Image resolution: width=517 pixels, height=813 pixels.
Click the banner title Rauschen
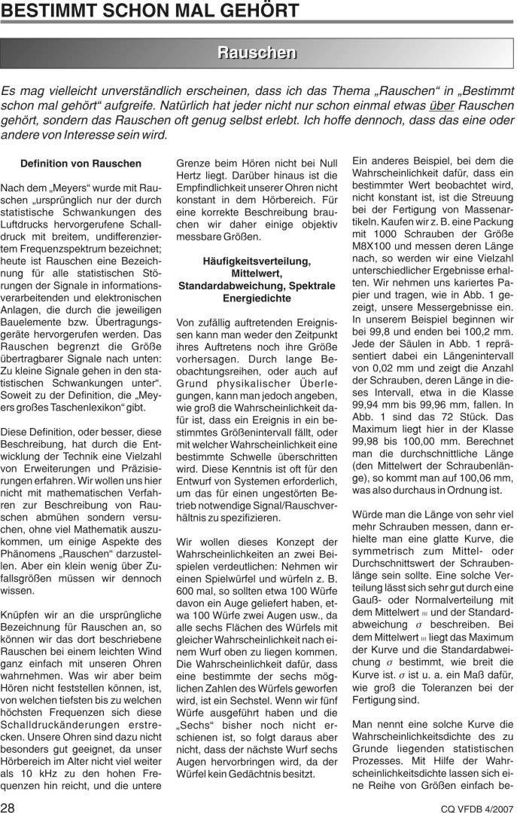[257, 52]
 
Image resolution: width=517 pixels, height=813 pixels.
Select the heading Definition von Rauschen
[81, 164]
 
